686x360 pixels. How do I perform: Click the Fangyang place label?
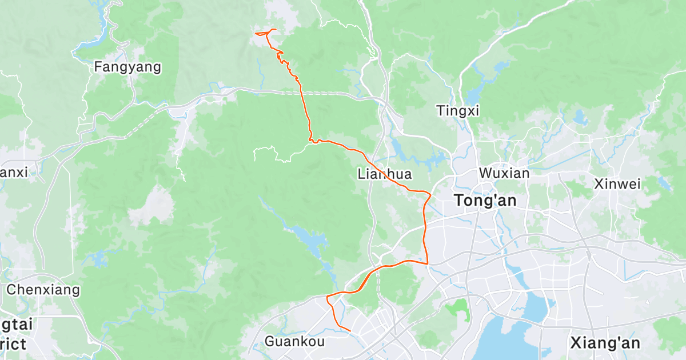(x=127, y=67)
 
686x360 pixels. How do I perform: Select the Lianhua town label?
(x=384, y=174)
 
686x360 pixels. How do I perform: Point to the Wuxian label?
(x=504, y=173)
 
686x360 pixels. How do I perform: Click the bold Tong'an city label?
(x=485, y=201)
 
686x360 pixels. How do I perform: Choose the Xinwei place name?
(x=617, y=184)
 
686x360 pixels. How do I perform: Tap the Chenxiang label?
(x=43, y=290)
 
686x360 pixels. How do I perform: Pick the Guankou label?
(x=294, y=342)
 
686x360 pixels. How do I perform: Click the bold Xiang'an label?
(x=605, y=343)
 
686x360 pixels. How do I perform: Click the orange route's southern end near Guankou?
(x=349, y=330)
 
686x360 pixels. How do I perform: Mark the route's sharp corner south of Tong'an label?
(x=428, y=263)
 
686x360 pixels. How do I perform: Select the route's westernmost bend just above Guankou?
(x=327, y=297)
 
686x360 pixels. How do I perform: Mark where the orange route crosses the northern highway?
(x=302, y=92)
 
